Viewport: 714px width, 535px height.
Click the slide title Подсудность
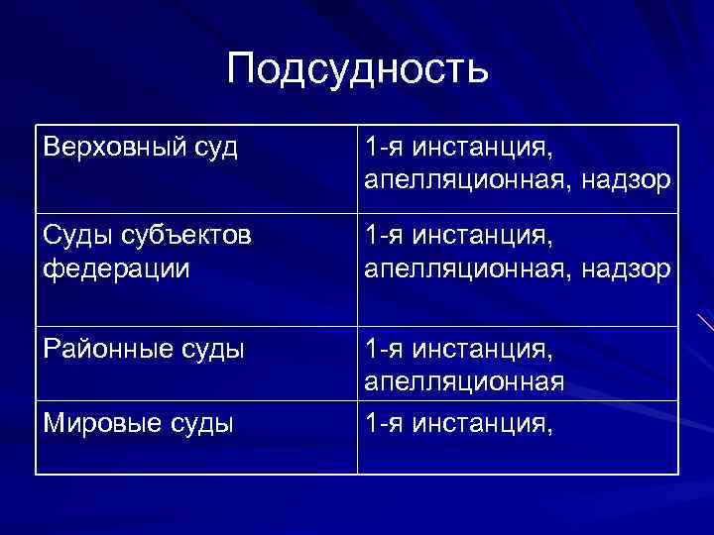(357, 70)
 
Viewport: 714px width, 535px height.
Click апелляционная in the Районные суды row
(464, 382)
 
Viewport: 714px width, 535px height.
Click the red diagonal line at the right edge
(704, 323)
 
